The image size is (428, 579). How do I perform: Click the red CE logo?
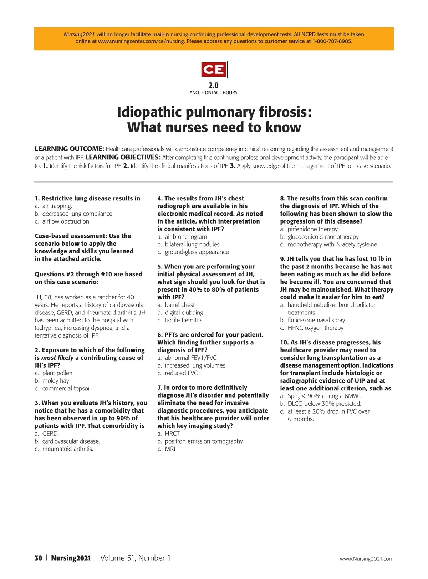click(x=214, y=70)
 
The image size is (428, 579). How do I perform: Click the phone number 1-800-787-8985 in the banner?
click(x=332, y=41)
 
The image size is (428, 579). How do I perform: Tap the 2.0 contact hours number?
click(x=213, y=85)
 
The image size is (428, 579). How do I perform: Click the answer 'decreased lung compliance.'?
click(x=78, y=214)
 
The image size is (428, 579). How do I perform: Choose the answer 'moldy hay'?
click(x=56, y=381)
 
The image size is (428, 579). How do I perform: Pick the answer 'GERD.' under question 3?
click(x=50, y=434)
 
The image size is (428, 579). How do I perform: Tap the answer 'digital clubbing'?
click(x=184, y=313)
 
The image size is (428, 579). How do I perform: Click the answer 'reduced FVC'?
click(x=181, y=373)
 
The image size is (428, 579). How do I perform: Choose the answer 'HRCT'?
click(x=172, y=434)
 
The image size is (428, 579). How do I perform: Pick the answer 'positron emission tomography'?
click(x=204, y=441)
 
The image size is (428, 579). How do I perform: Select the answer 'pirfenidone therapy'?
click(x=312, y=229)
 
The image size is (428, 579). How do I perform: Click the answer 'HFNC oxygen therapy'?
click(x=315, y=328)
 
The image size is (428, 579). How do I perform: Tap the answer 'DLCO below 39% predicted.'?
click(x=324, y=404)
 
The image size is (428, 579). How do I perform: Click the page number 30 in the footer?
click(x=38, y=558)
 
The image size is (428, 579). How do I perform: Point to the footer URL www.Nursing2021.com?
click(x=366, y=559)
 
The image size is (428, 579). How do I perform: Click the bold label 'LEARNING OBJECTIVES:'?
click(x=123, y=158)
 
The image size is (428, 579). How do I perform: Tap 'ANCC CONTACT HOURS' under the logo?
click(x=213, y=93)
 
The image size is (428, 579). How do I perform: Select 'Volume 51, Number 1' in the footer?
click(x=135, y=558)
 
